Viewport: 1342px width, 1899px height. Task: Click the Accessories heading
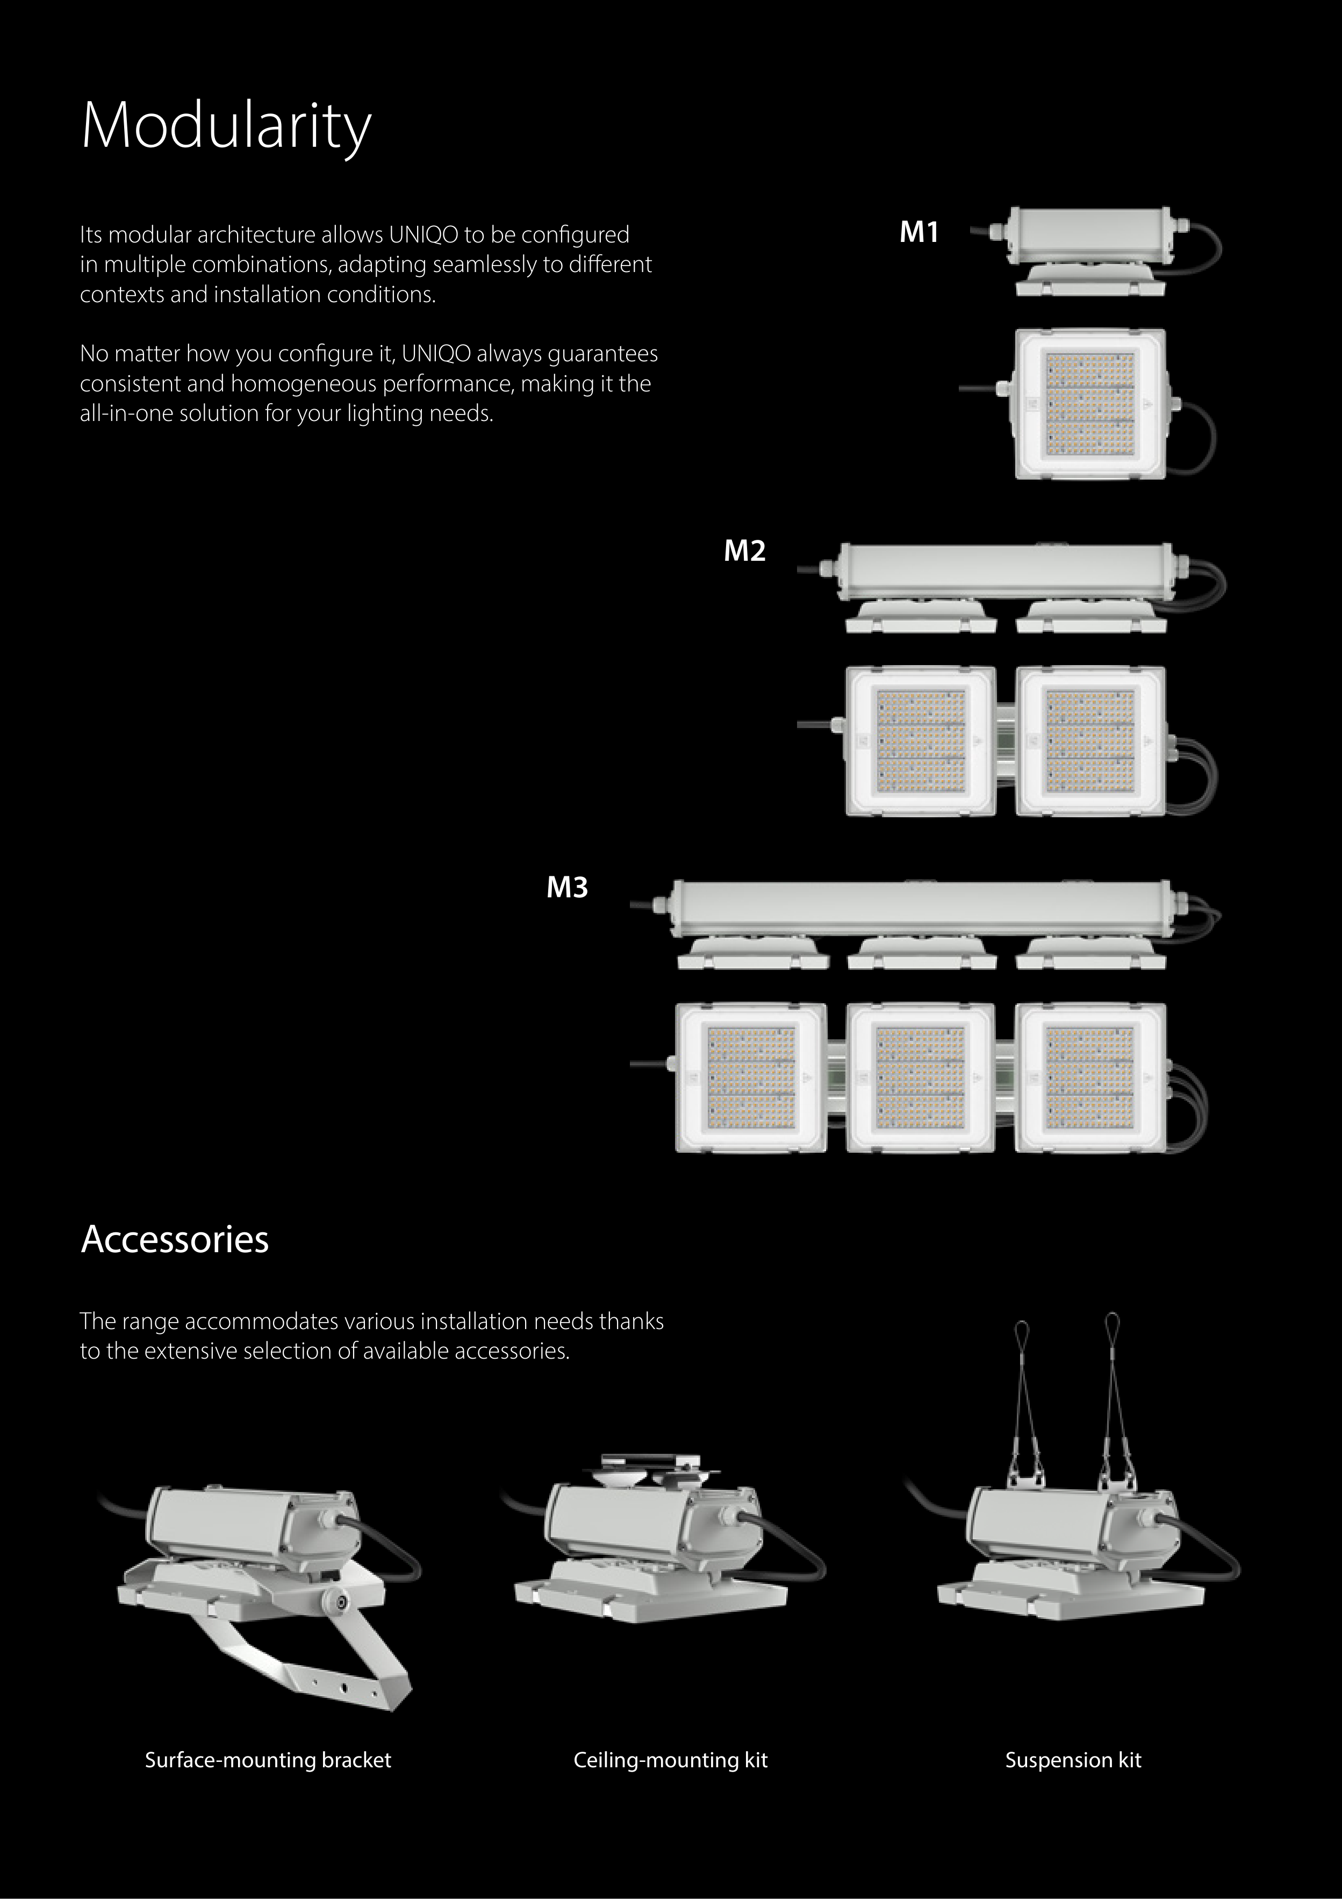pyautogui.click(x=175, y=1239)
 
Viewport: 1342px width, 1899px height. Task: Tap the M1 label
pyautogui.click(x=918, y=232)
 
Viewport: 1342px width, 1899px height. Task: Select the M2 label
pyautogui.click(x=744, y=551)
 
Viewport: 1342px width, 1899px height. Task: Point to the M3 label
pyautogui.click(x=567, y=888)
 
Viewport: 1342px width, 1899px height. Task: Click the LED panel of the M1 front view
pyautogui.click(x=1090, y=404)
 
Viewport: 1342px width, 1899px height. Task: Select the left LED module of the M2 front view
pyautogui.click(x=920, y=740)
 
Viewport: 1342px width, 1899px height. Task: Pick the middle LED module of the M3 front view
pyautogui.click(x=920, y=1077)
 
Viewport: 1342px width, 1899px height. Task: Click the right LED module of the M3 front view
pyautogui.click(x=1090, y=1077)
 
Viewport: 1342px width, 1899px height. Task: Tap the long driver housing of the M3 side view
pyautogui.click(x=921, y=908)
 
